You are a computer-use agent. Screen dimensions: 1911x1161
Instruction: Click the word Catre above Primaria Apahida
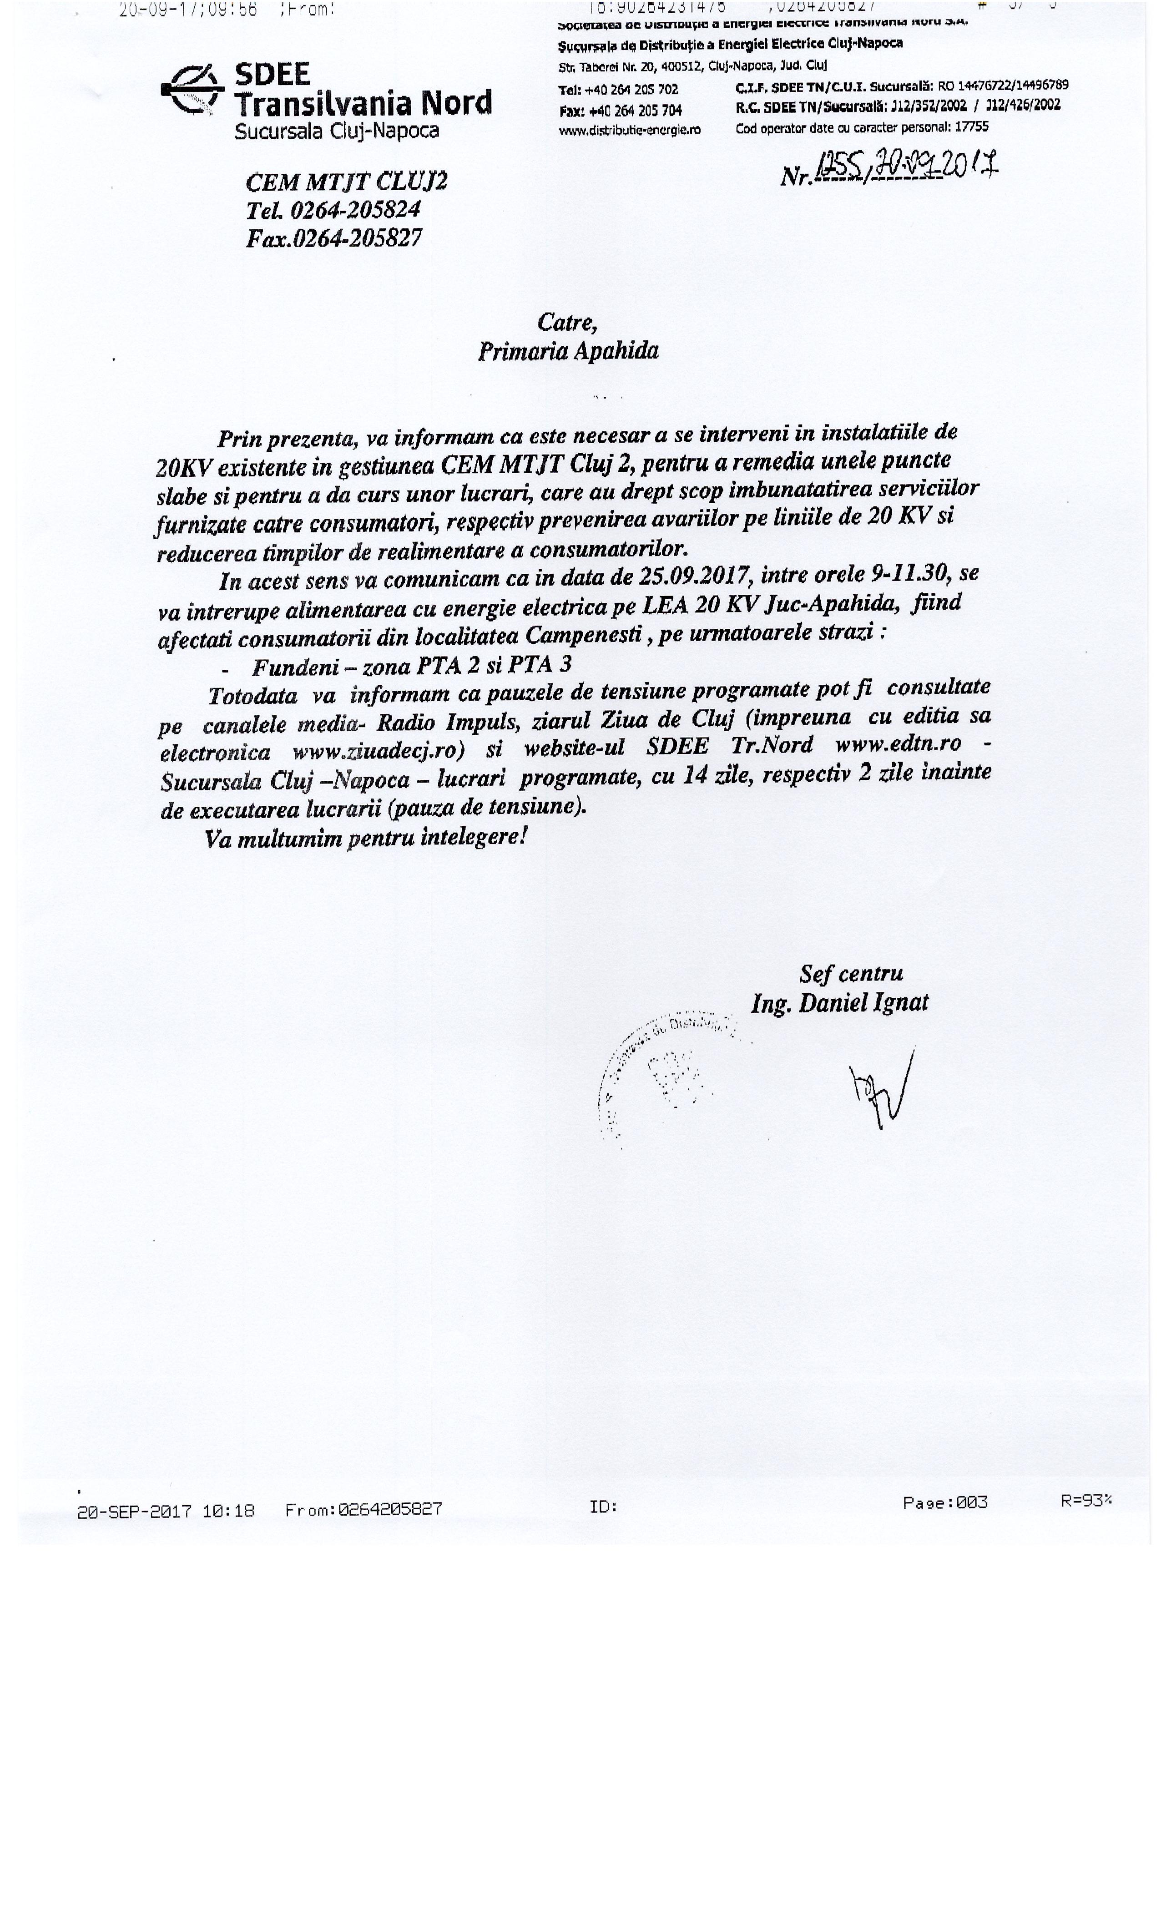click(x=567, y=322)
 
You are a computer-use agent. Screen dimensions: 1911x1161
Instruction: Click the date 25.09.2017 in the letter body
click(x=694, y=576)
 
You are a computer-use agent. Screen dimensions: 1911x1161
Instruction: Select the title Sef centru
click(x=851, y=973)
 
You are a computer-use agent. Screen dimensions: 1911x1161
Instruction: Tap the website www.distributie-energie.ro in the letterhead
click(x=629, y=130)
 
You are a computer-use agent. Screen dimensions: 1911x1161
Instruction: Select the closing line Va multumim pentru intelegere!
click(x=366, y=839)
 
